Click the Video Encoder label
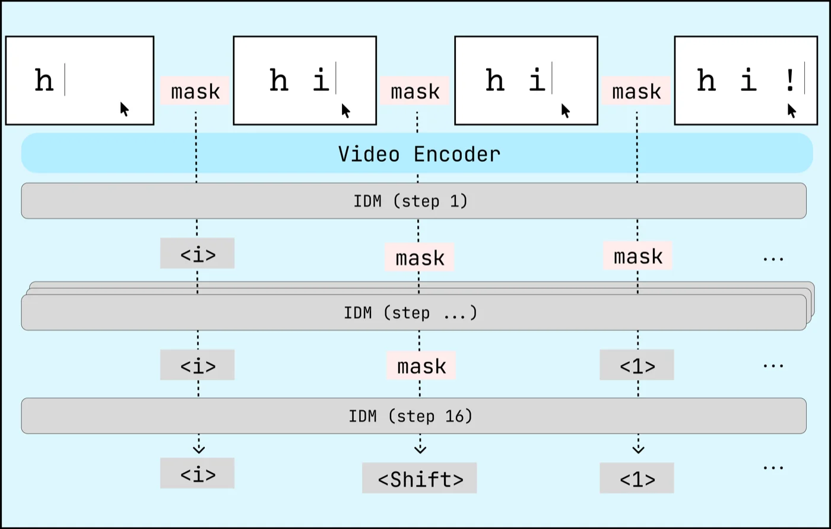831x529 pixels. tap(419, 154)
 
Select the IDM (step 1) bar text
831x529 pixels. tap(411, 201)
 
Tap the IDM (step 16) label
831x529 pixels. tap(411, 416)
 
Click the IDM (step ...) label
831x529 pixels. tap(411, 313)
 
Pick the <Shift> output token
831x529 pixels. tap(420, 478)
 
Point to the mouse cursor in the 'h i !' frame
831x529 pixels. tap(792, 111)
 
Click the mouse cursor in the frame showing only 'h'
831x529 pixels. tap(125, 109)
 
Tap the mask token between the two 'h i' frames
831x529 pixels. tap(415, 92)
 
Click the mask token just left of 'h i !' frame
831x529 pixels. tap(636, 92)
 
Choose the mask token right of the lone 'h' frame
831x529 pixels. tap(195, 92)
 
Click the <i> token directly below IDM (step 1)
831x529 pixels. tap(198, 254)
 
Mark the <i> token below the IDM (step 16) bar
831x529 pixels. tap(198, 474)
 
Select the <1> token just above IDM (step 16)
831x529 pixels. tap(637, 366)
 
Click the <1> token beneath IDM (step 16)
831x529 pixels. tap(637, 478)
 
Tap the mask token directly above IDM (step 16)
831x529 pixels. tap(421, 366)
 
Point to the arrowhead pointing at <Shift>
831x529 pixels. tap(420, 449)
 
